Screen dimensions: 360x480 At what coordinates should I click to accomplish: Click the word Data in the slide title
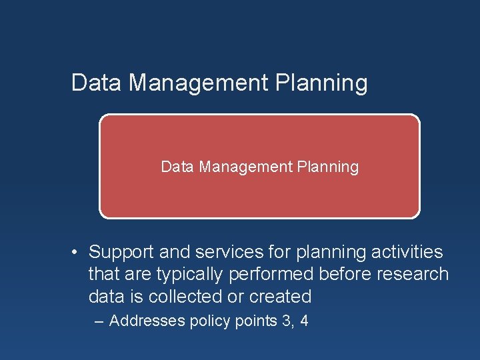pos(96,83)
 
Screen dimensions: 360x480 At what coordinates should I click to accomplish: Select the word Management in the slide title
pos(196,83)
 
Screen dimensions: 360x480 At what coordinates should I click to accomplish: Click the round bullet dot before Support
pos(77,252)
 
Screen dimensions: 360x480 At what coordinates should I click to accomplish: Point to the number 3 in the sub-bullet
pos(287,321)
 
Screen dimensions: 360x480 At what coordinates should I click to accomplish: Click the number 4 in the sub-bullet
pos(304,321)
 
